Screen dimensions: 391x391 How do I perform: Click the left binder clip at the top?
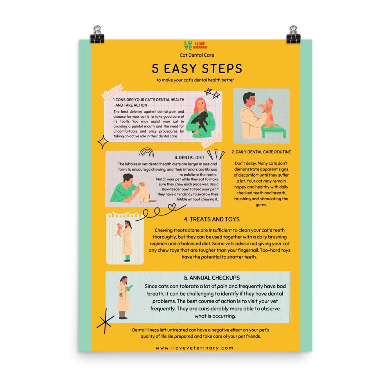tap(97, 34)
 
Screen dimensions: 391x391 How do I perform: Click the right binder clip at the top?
tap(293, 34)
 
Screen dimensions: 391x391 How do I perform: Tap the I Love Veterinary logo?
tap(196, 45)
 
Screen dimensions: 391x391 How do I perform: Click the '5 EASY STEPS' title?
tap(197, 68)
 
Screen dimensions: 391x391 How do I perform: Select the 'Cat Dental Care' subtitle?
tap(197, 55)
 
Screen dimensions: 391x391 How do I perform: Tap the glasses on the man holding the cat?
tap(251, 99)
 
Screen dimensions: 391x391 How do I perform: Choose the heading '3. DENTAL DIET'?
tap(189, 158)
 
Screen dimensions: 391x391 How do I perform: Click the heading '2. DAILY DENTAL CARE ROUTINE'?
tap(261, 152)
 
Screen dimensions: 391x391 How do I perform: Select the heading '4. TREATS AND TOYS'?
tap(212, 219)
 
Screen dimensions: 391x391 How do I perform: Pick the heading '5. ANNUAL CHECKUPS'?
tap(212, 278)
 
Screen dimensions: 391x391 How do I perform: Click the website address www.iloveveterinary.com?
tap(195, 348)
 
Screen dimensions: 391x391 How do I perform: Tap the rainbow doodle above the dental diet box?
tap(146, 152)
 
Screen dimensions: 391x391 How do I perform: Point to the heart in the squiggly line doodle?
tap(172, 207)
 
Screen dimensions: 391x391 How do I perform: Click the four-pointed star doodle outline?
tap(102, 142)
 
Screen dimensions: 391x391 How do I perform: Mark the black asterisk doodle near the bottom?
tap(105, 321)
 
